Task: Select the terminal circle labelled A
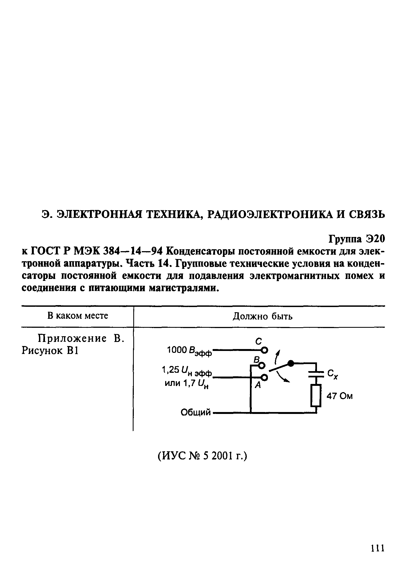264,377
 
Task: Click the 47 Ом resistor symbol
316,396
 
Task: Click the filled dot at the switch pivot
291,363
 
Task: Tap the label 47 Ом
340,396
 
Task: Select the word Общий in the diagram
196,413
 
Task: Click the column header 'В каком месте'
78,316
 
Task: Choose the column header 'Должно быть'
262,316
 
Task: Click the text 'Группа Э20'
357,239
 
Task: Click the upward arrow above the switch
277,356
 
